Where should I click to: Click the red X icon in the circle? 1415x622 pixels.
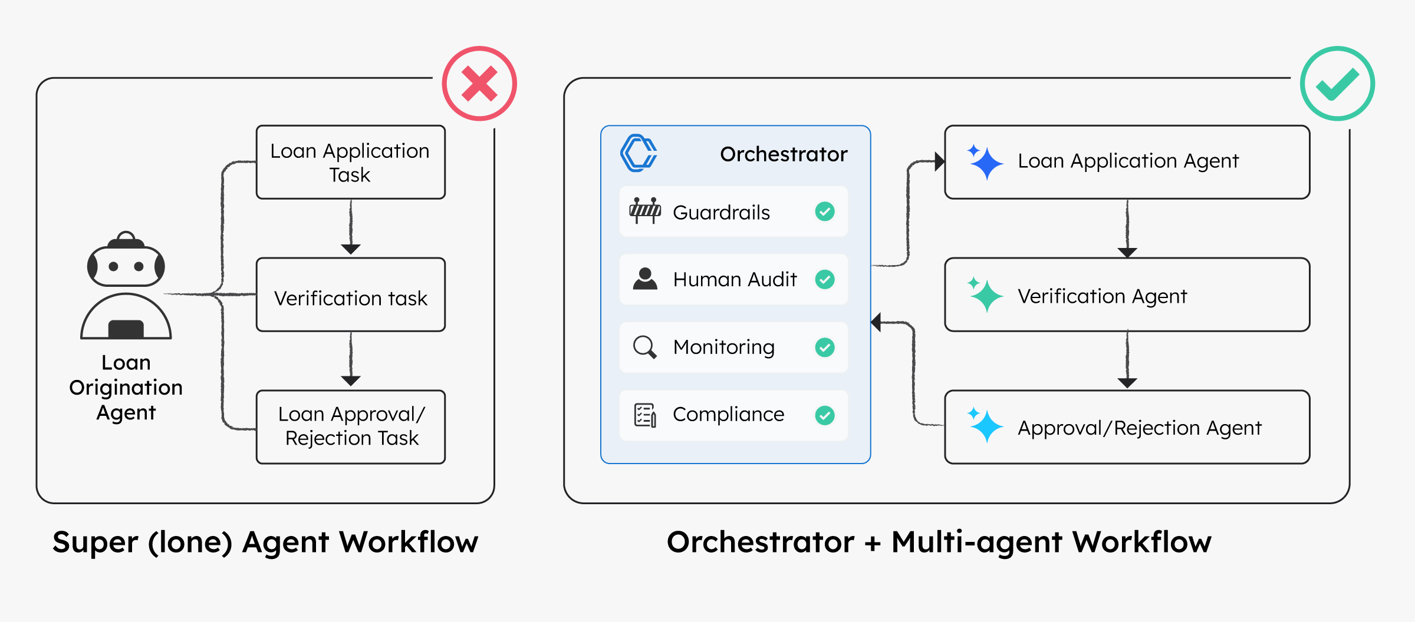click(x=479, y=84)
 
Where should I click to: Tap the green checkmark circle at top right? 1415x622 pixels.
click(x=1337, y=84)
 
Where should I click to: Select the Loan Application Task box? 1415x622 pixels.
click(x=351, y=162)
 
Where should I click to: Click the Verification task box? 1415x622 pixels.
click(x=351, y=295)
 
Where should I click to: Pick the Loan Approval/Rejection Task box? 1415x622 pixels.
click(x=351, y=427)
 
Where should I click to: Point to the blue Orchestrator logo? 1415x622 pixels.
click(x=639, y=153)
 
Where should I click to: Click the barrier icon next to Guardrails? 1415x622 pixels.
click(x=645, y=211)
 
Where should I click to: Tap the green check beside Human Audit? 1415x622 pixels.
click(x=825, y=279)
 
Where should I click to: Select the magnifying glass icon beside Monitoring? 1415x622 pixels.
click(x=644, y=347)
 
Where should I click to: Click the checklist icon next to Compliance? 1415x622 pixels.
click(x=645, y=415)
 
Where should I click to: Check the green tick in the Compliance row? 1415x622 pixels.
click(x=825, y=415)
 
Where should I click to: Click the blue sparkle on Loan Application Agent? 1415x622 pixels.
click(x=985, y=162)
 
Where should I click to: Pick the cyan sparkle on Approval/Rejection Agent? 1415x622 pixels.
click(x=985, y=426)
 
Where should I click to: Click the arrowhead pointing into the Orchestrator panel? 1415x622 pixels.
click(x=876, y=322)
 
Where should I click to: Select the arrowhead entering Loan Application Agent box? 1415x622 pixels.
click(x=940, y=161)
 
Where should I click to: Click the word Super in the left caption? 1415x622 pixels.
click(x=95, y=542)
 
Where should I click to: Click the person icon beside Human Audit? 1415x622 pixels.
click(x=645, y=279)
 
